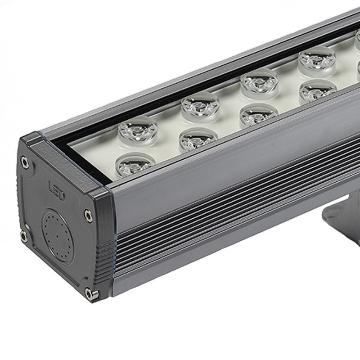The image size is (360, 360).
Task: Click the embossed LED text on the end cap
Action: [x=56, y=190]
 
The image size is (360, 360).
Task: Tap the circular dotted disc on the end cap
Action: [x=57, y=236]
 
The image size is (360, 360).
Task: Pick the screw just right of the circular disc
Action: [x=88, y=216]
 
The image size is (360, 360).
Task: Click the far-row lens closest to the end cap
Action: [x=138, y=131]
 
